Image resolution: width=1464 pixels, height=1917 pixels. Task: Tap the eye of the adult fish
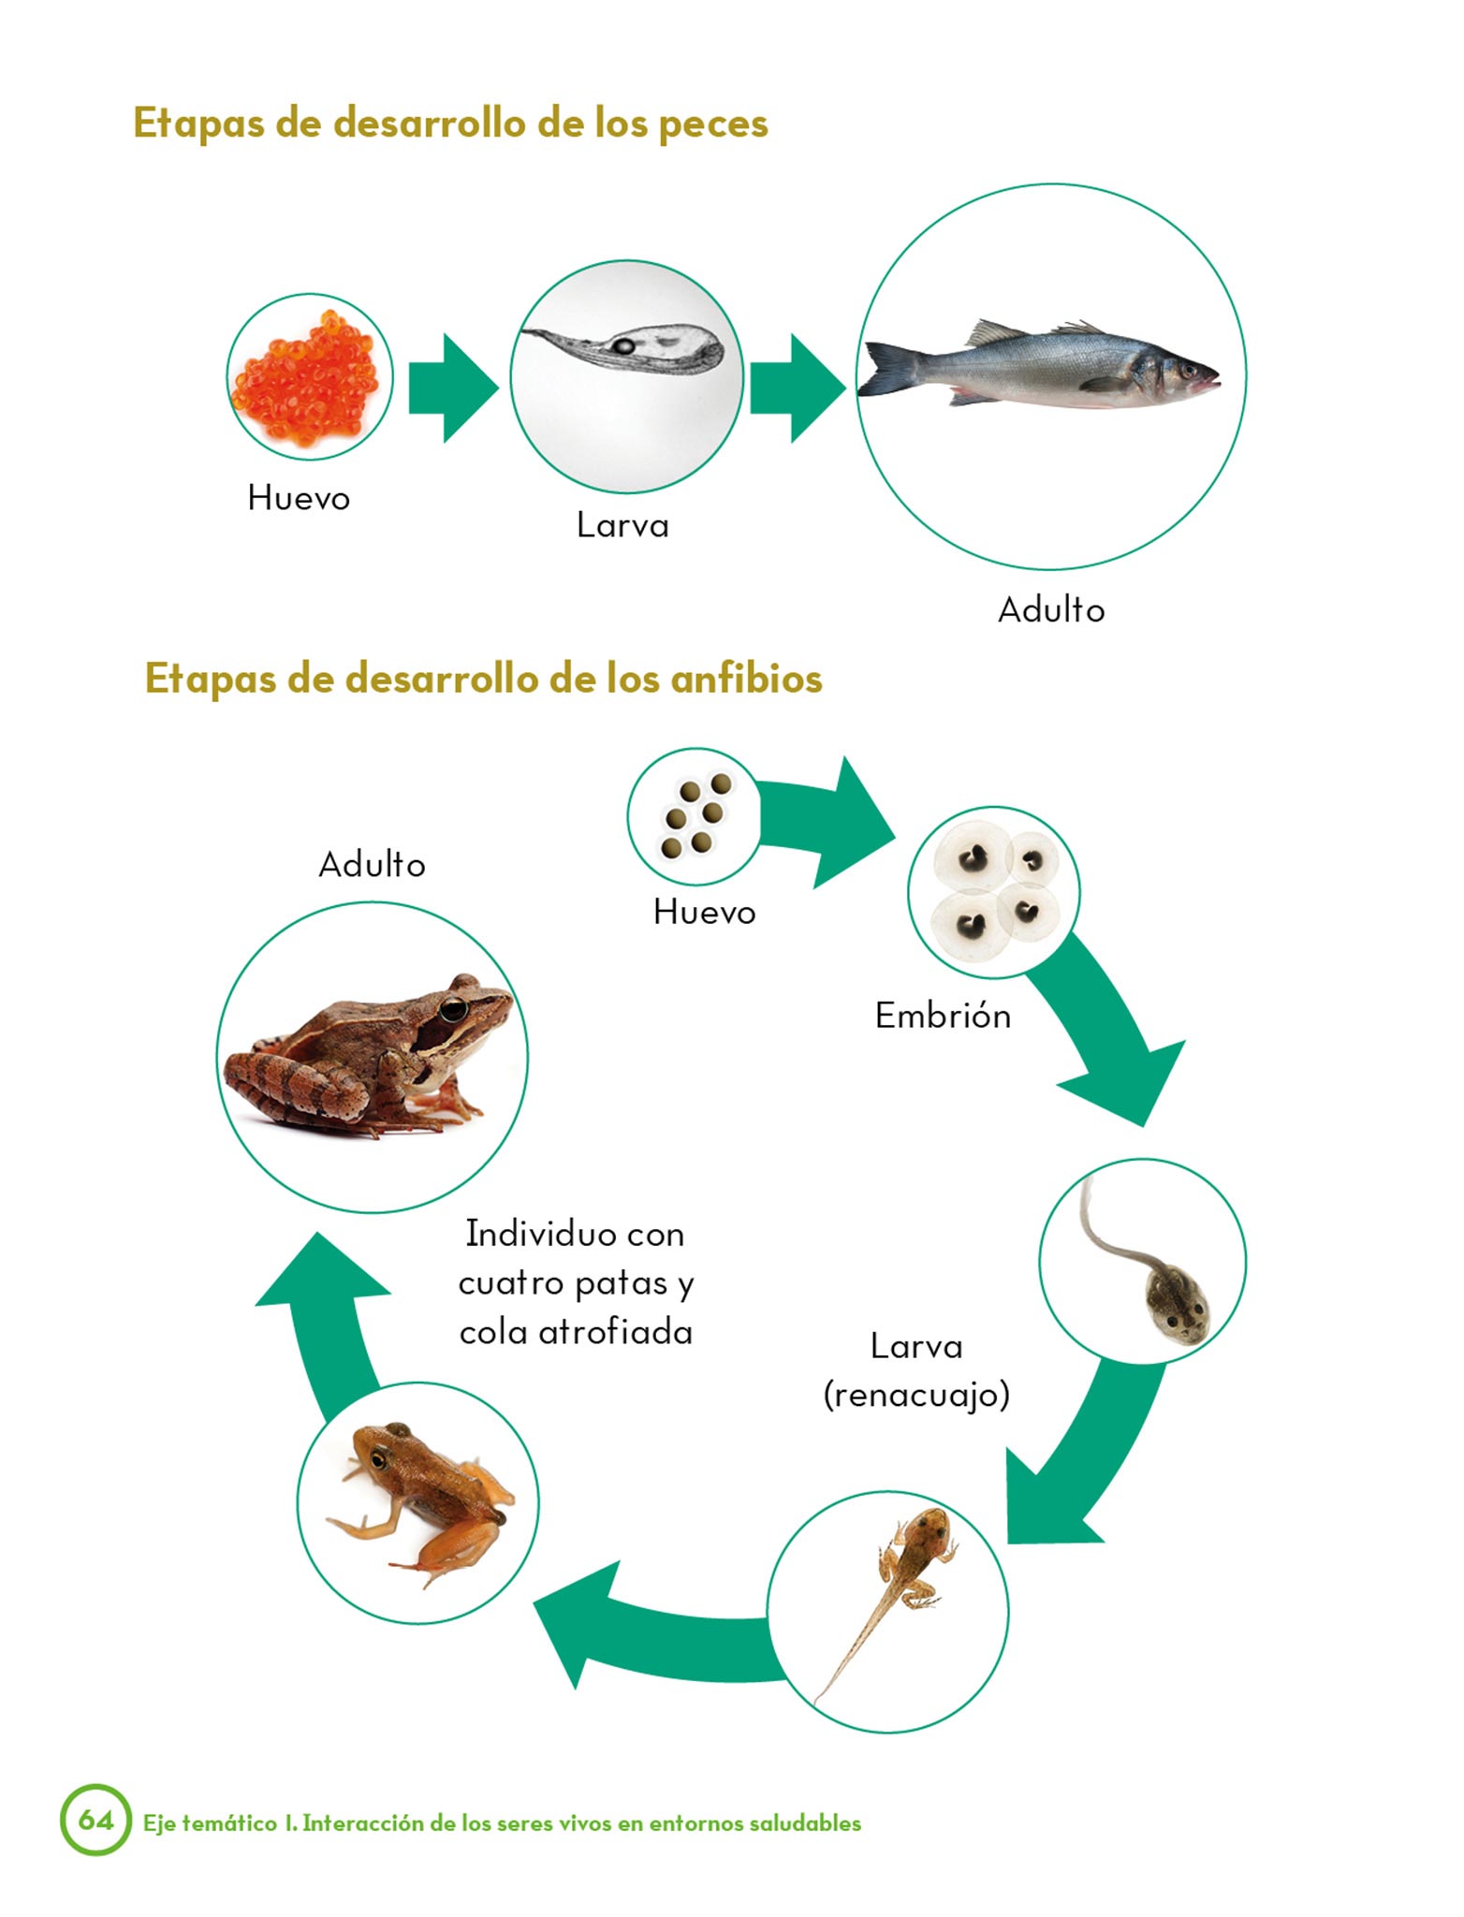1189,371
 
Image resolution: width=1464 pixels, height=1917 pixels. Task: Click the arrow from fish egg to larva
453,387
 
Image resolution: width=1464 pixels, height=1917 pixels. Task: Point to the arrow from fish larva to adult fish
798,388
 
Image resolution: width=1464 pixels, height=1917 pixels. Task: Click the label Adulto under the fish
1051,609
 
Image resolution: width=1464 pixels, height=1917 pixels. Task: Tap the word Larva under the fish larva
622,524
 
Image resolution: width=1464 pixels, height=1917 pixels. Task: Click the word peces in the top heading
713,124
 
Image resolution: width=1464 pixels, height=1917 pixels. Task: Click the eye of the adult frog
454,1009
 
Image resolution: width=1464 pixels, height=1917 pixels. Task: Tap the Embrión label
943,1015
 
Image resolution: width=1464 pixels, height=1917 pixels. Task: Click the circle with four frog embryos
993,892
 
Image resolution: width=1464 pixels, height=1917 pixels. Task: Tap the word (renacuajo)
916,1396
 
